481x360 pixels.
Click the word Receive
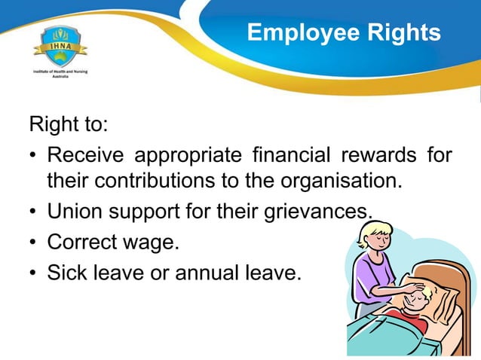pyautogui.click(x=85, y=156)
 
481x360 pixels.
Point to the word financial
pyautogui.click(x=287, y=156)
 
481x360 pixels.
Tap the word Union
pyautogui.click(x=72, y=212)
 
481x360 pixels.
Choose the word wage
pyautogui.click(x=152, y=243)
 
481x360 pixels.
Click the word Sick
pyautogui.click(x=66, y=272)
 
